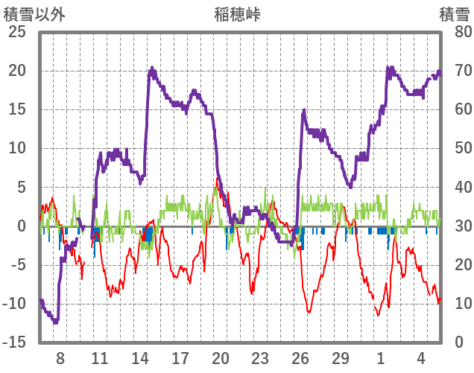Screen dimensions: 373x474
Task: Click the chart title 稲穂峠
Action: click(238, 14)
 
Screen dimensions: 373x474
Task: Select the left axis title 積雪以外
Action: click(35, 14)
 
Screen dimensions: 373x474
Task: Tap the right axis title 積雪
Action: click(454, 14)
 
